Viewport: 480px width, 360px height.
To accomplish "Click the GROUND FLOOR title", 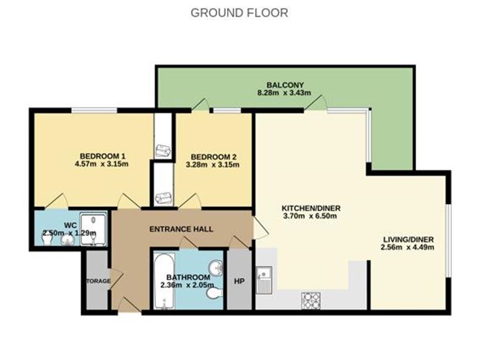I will tap(239, 13).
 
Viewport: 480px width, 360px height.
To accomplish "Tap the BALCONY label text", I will tap(277, 83).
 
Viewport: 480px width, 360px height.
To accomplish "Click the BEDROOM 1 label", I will tap(103, 156).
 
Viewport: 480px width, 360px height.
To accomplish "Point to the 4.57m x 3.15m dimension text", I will tap(103, 165).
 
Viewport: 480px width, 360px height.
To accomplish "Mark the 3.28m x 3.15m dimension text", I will tap(213, 165).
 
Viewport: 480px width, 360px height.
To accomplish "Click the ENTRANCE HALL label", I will tap(180, 229).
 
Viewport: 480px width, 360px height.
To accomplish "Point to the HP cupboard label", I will tap(239, 281).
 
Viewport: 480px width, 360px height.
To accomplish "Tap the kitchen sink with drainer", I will tap(265, 281).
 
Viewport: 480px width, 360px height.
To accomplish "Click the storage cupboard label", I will tap(97, 281).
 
